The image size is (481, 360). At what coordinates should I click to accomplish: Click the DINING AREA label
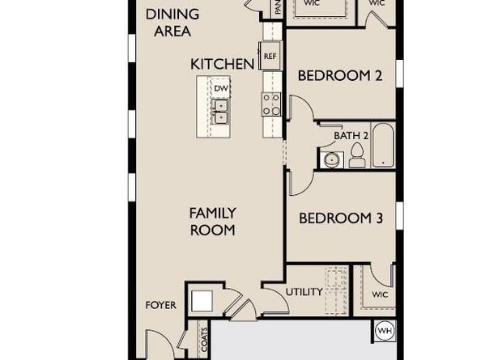pyautogui.click(x=169, y=23)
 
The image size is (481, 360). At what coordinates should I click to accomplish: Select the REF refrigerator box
pyautogui.click(x=270, y=56)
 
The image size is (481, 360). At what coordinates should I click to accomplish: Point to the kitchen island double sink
pyautogui.click(x=220, y=110)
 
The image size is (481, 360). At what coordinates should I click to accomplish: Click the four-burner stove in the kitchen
pyautogui.click(x=270, y=103)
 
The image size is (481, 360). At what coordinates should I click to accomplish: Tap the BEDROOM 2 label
pyautogui.click(x=340, y=76)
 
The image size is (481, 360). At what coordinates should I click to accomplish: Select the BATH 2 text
pyautogui.click(x=351, y=135)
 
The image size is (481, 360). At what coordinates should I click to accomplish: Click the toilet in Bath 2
pyautogui.click(x=356, y=159)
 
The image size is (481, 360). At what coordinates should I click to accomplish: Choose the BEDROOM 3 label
pyautogui.click(x=340, y=218)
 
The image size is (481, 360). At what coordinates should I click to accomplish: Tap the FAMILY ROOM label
pyautogui.click(x=212, y=222)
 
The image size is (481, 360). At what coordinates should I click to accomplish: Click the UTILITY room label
pyautogui.click(x=304, y=292)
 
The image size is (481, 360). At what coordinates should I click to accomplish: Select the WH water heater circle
pyautogui.click(x=385, y=331)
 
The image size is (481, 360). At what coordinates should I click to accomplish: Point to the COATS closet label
pyautogui.click(x=203, y=339)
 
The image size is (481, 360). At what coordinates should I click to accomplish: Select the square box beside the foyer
pyautogui.click(x=202, y=301)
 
